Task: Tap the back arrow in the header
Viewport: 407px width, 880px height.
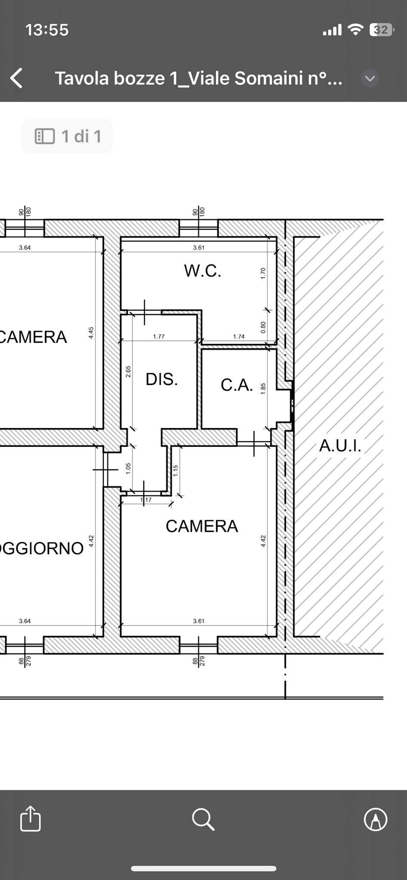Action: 16,78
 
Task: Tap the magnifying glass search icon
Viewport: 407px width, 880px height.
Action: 203,819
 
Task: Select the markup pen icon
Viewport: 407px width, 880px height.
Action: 376,819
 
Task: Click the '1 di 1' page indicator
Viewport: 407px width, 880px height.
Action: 68,136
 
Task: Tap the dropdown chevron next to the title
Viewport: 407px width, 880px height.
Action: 370,78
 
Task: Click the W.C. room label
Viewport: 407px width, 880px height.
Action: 203,271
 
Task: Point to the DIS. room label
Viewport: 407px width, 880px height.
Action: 162,379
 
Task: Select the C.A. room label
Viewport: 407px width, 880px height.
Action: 237,385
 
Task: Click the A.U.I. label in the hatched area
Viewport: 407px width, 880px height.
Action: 340,446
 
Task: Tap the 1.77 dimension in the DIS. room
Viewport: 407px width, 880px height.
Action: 159,336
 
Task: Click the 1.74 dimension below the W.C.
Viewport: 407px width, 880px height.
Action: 239,336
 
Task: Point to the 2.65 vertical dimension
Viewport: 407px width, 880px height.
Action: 128,372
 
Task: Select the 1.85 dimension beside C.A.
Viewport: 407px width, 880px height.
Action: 263,388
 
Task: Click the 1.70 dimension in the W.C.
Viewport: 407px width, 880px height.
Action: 263,273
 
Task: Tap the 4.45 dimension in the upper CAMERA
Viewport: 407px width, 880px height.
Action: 91,333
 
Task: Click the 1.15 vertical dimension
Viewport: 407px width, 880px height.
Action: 176,471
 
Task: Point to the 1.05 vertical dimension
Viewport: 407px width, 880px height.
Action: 128,468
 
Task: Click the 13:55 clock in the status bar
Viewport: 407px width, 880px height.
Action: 47,30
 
